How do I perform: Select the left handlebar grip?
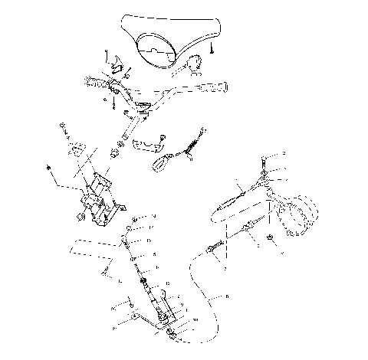(x=97, y=83)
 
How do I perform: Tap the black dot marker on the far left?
(x=48, y=167)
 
